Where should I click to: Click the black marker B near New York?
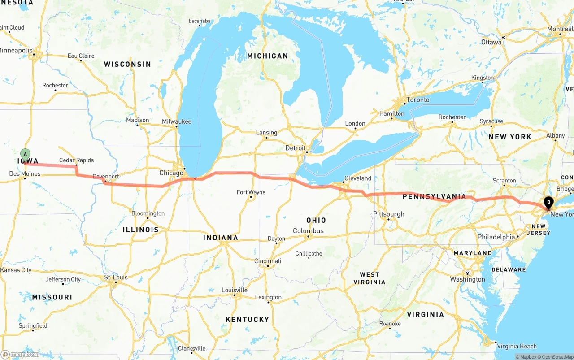coord(548,203)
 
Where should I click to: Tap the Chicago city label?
coord(171,173)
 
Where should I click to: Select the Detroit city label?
coord(295,148)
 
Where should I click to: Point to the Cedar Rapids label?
coord(76,160)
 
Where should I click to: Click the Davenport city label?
coord(106,177)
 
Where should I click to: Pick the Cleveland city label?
coord(357,178)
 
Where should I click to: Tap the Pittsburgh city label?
coord(389,214)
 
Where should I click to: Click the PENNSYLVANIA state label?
coord(434,196)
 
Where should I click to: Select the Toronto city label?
coord(417,100)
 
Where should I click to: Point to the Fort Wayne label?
coord(251,192)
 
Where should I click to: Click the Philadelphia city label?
coord(496,237)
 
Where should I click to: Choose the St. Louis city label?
coord(116,278)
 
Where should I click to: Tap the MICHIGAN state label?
coord(267,56)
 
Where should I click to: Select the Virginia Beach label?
coord(517,346)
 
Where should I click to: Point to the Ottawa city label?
coord(491,42)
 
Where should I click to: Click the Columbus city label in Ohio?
coord(308,231)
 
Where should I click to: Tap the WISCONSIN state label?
coord(127,64)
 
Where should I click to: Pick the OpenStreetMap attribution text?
coord(557,357)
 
